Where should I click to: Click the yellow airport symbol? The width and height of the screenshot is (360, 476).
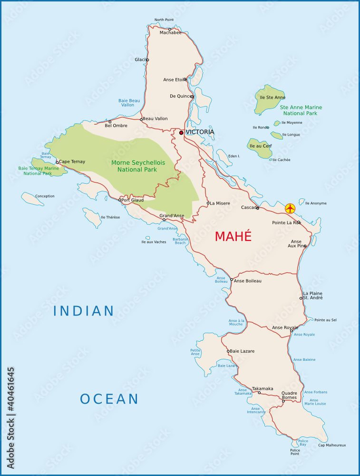pyautogui.click(x=290, y=208)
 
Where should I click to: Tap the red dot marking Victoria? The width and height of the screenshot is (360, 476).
pyautogui.click(x=181, y=133)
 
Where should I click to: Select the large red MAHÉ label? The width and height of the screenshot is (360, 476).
pyautogui.click(x=233, y=236)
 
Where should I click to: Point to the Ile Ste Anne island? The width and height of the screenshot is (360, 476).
pyautogui.click(x=269, y=99)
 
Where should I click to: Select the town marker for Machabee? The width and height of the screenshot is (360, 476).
pyautogui.click(x=170, y=29)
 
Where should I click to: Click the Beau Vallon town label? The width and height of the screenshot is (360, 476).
pyautogui.click(x=155, y=119)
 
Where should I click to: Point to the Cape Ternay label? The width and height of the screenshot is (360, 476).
pyautogui.click(x=72, y=162)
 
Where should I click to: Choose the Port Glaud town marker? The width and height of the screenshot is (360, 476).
pyautogui.click(x=120, y=200)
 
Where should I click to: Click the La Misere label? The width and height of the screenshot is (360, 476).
pyautogui.click(x=220, y=203)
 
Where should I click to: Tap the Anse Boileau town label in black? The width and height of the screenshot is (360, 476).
pyautogui.click(x=247, y=281)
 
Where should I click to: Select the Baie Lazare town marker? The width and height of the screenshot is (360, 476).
pyautogui.click(x=229, y=351)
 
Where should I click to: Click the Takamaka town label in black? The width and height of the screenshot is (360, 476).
pyautogui.click(x=263, y=388)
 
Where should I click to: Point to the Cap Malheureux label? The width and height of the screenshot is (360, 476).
pyautogui.click(x=332, y=445)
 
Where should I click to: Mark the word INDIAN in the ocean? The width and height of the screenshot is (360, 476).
pyautogui.click(x=84, y=311)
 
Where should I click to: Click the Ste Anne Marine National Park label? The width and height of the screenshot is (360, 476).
pyautogui.click(x=301, y=110)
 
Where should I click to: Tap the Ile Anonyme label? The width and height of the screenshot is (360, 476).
pyautogui.click(x=316, y=203)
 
